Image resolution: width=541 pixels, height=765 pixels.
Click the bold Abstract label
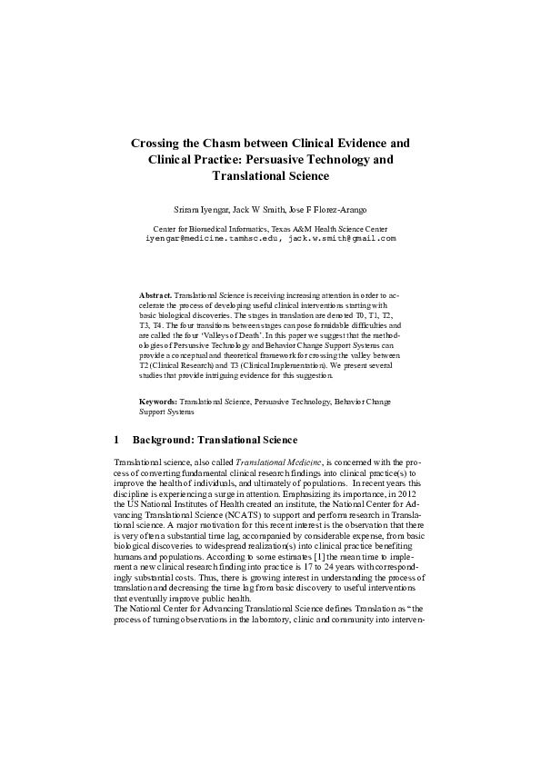[x=155, y=296]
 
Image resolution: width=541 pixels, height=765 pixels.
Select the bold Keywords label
[x=157, y=401]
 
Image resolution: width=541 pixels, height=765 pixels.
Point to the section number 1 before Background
[x=117, y=440]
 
